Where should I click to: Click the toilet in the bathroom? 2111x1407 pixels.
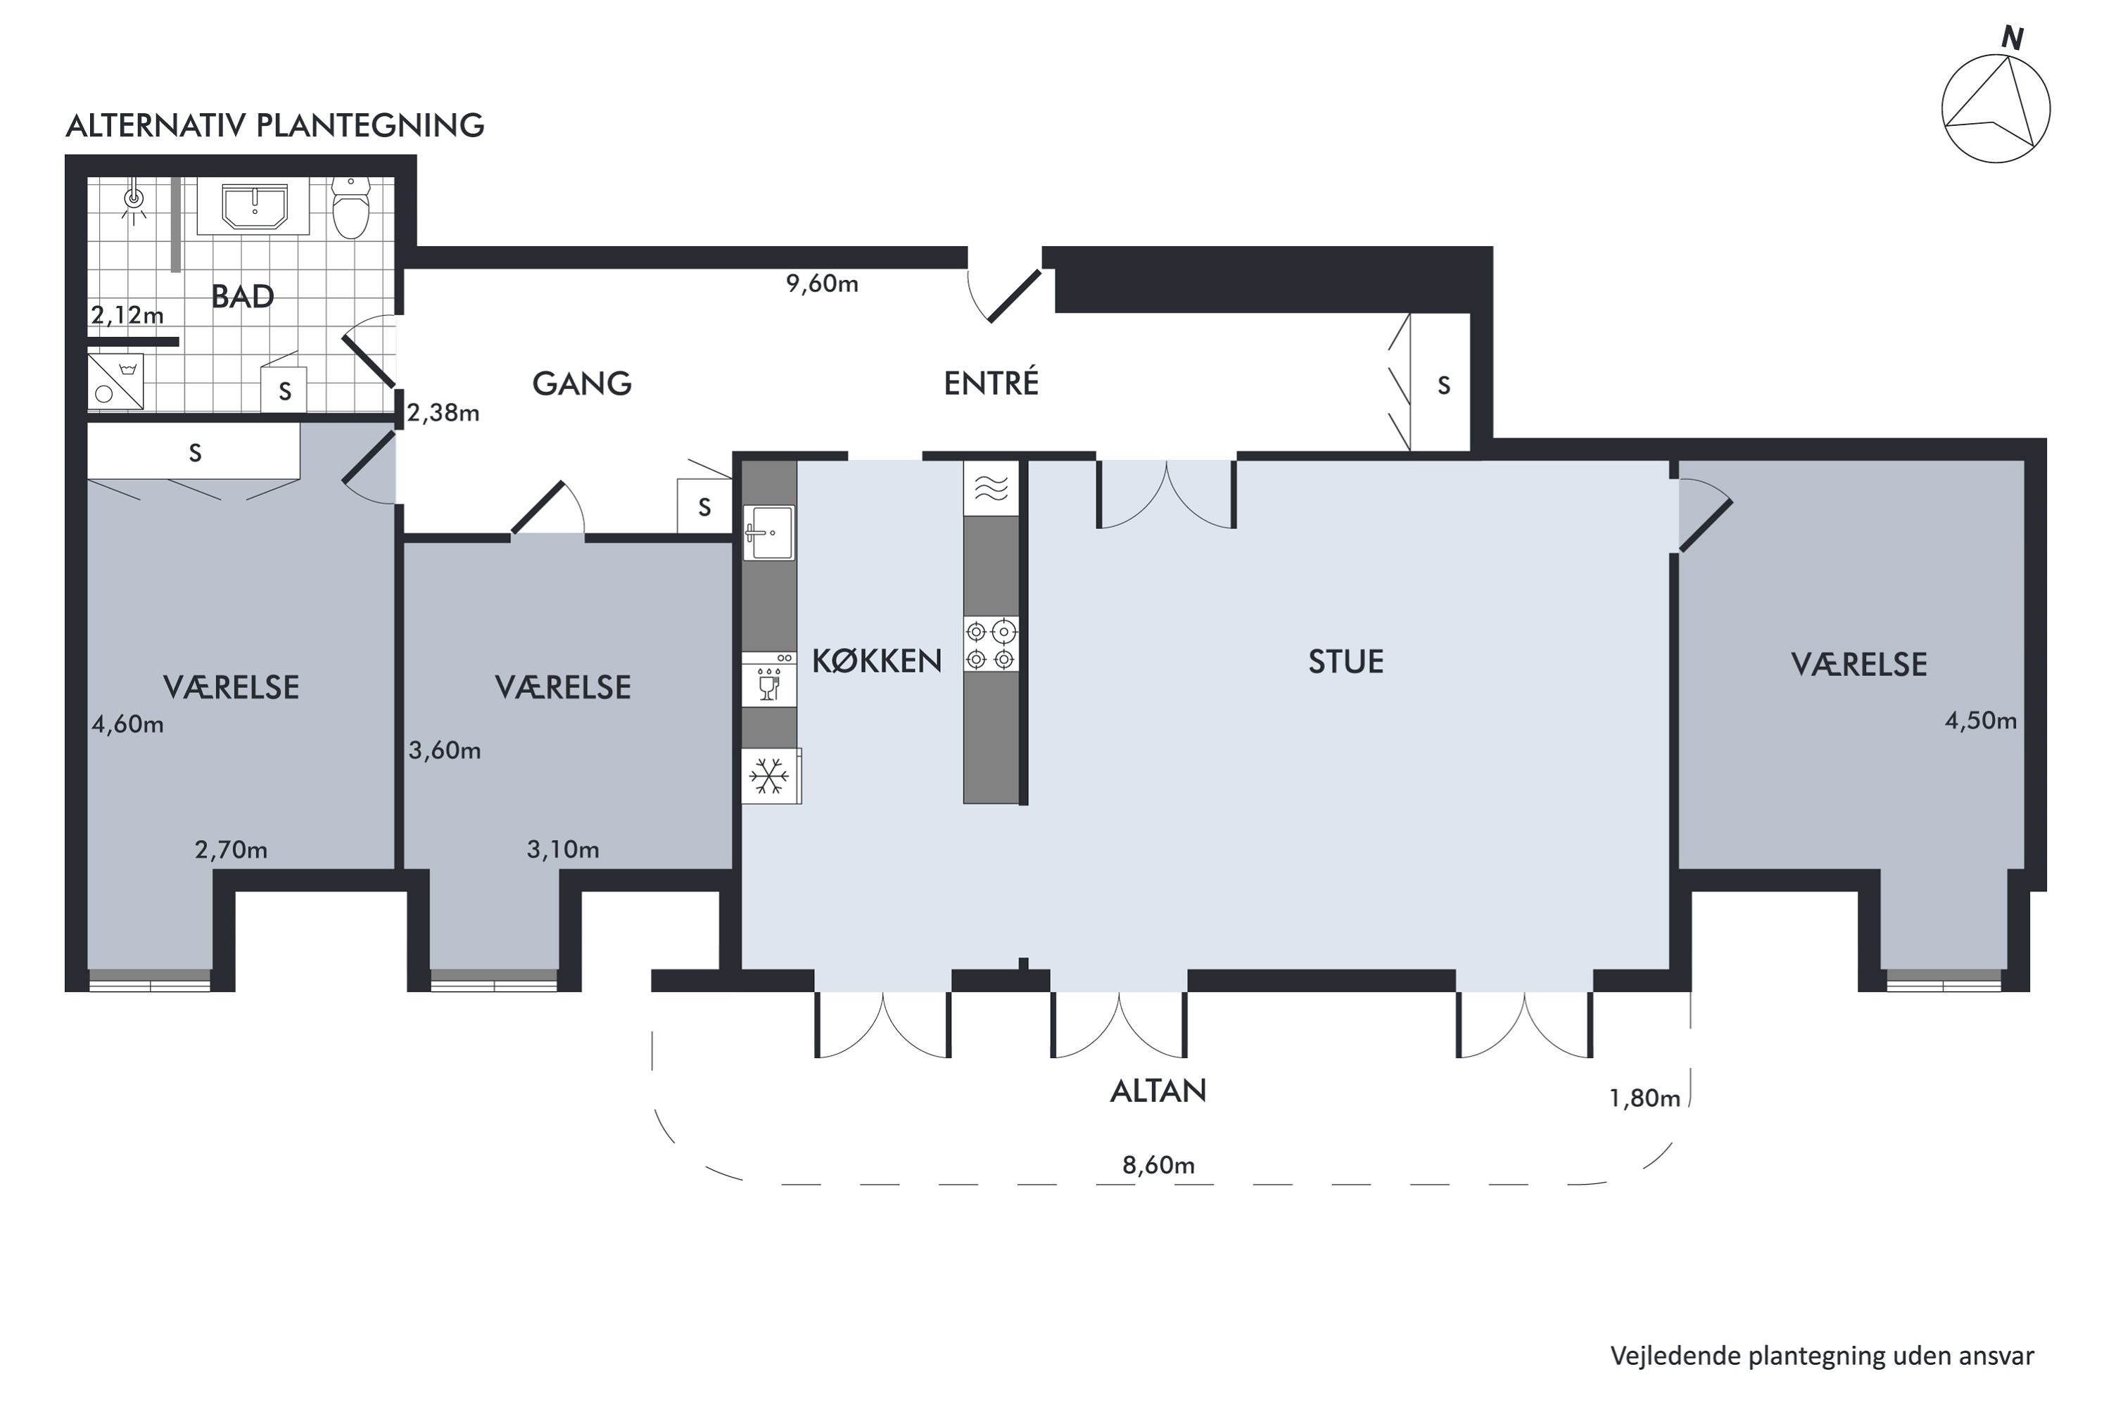pos(351,208)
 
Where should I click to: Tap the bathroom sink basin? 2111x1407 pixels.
pos(254,208)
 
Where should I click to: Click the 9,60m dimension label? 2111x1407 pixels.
pos(822,284)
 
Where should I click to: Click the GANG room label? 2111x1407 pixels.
pos(582,384)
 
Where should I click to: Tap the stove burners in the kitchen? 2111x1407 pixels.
pos(991,644)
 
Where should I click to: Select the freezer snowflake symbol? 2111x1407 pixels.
pos(770,775)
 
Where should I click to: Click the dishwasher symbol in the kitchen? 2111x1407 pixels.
pos(769,680)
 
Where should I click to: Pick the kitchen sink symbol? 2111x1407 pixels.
pos(769,533)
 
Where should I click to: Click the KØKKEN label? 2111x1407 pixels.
pos(877,661)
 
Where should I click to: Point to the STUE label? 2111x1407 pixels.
pos(1345,661)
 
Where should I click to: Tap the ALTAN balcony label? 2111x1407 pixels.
pos(1158,1091)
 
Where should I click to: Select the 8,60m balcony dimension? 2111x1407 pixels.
pos(1158,1165)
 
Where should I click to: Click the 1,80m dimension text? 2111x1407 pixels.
pos(1644,1098)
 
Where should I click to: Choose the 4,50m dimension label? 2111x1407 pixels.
pos(1981,720)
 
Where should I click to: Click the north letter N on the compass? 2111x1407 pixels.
pos(2012,39)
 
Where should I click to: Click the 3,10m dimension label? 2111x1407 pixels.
pos(563,850)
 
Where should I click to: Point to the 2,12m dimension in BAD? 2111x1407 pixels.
pos(127,315)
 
